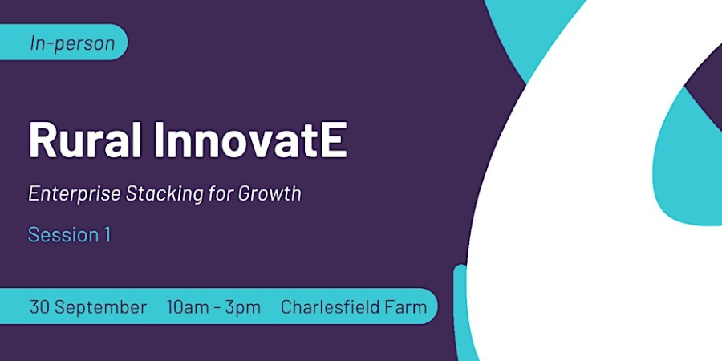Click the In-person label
point(72,43)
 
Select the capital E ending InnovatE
point(334,140)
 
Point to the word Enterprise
point(75,194)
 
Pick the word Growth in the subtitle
point(270,193)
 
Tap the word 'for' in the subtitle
point(221,193)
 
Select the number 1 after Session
point(107,235)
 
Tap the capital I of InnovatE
point(159,140)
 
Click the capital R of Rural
point(43,140)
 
